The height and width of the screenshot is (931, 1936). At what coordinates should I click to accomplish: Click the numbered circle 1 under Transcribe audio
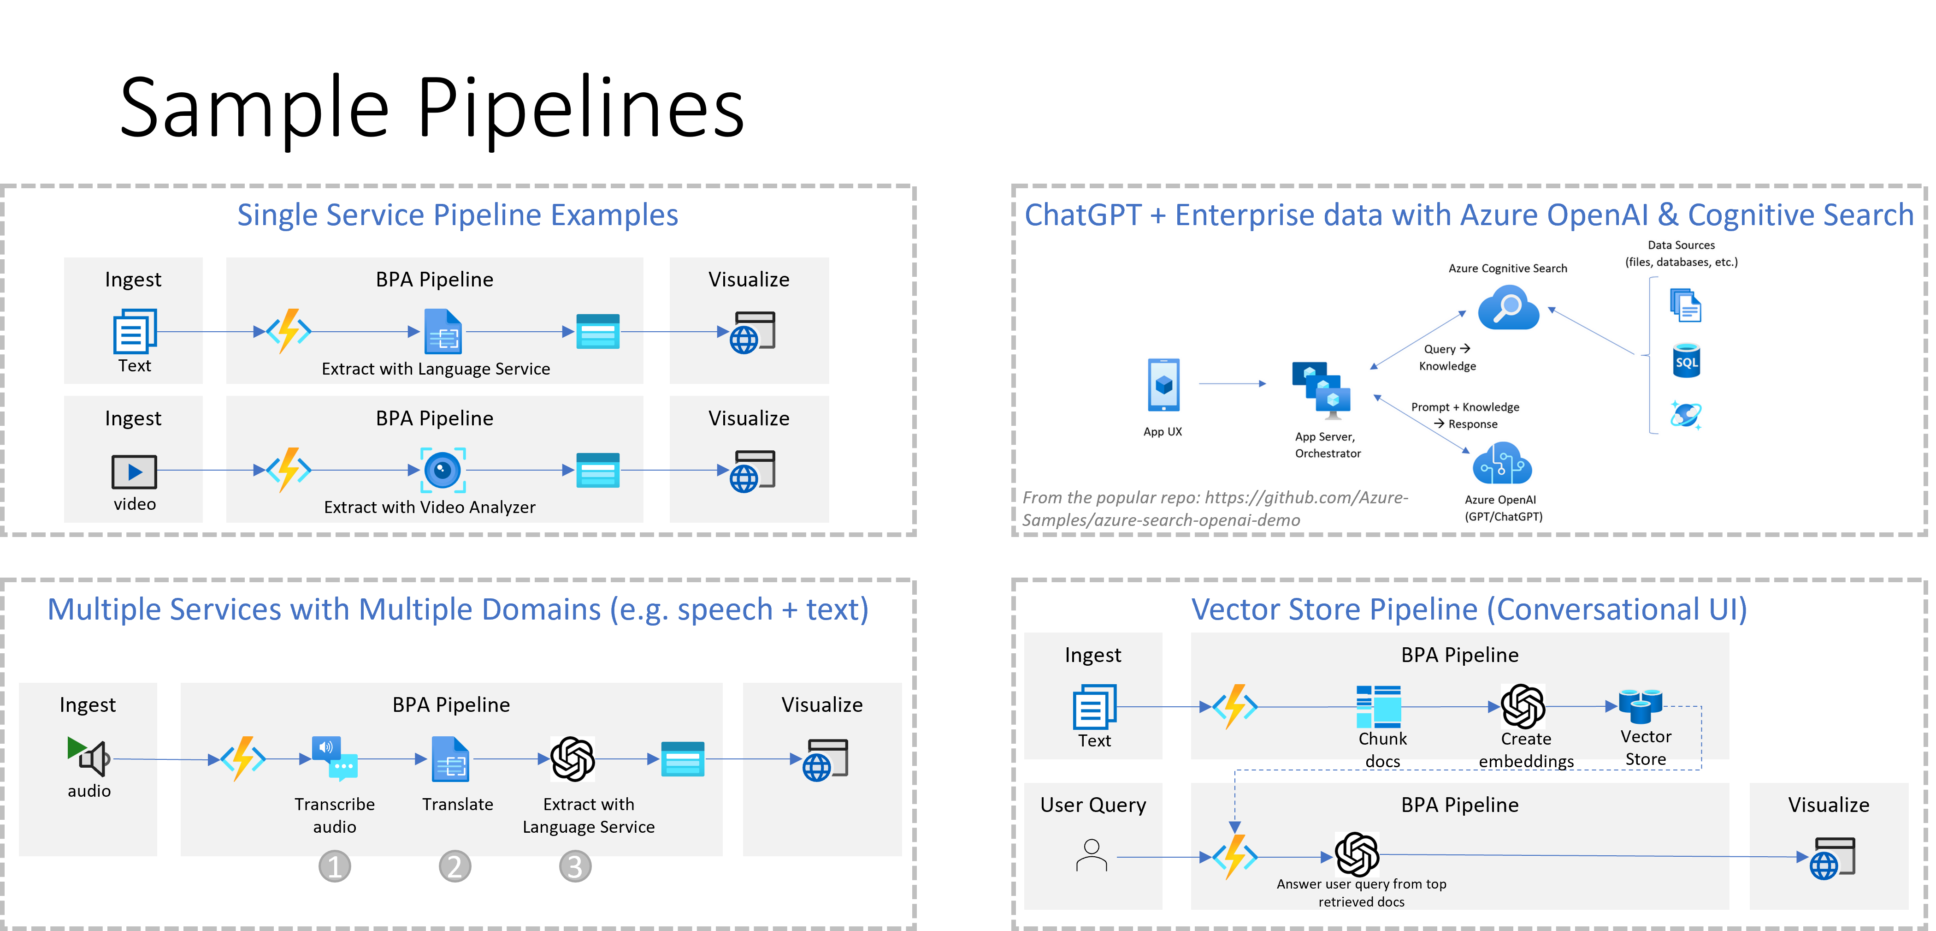335,866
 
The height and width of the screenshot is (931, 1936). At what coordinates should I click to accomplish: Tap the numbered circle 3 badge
575,866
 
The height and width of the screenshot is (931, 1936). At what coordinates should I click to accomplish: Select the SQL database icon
1687,361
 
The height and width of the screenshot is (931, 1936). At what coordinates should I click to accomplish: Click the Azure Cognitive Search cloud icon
1508,308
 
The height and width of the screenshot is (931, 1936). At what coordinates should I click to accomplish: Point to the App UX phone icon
1163,384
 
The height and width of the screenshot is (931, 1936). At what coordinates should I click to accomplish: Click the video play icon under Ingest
135,471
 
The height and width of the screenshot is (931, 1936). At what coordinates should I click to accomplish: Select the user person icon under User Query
1091,856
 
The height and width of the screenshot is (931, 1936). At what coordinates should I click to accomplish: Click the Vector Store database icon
1640,705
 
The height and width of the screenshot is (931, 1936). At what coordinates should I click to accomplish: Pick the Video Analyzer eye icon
443,470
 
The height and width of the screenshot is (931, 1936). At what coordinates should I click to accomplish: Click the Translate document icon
450,759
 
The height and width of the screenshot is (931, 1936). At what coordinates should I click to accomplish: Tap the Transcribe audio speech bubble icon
335,757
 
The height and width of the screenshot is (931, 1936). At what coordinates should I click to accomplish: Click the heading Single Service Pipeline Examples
458,215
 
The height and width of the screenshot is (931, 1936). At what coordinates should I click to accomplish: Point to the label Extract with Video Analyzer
429,507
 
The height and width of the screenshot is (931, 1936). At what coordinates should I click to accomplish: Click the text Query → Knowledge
1447,357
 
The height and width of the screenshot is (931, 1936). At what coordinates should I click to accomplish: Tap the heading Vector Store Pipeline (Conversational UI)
1469,609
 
